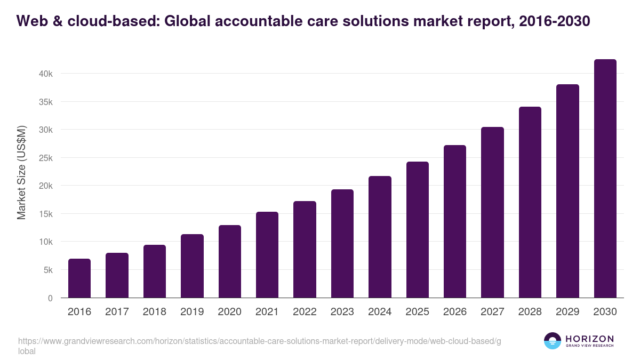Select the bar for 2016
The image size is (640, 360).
[79, 278]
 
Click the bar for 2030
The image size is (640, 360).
[605, 179]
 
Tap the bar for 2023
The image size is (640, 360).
[342, 244]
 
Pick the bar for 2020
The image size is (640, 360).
[230, 261]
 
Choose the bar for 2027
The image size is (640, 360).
[492, 212]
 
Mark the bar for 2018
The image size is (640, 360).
[155, 271]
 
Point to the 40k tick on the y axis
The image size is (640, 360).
[46, 74]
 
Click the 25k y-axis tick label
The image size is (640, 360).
[46, 158]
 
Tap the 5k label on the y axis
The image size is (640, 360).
[48, 270]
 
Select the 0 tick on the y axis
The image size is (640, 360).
[50, 298]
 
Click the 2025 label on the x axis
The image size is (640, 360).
[417, 312]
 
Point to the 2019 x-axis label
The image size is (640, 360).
[192, 312]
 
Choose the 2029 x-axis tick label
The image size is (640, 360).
[567, 312]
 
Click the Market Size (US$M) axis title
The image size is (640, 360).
[21, 172]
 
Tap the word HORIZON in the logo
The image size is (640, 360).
[589, 339]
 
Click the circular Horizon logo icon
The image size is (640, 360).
[553, 341]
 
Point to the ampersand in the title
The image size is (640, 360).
[57, 21]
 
